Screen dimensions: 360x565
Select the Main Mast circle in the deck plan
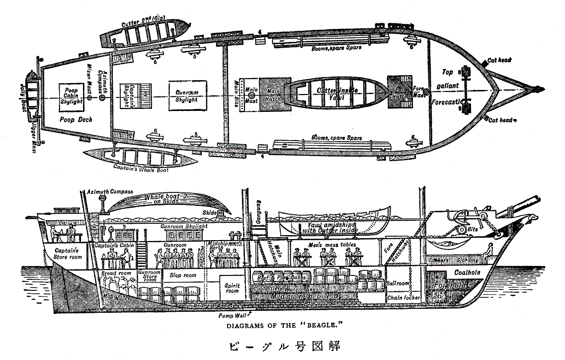pos(251,94)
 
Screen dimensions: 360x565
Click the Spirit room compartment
pos(232,288)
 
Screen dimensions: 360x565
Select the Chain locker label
pos(403,297)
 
